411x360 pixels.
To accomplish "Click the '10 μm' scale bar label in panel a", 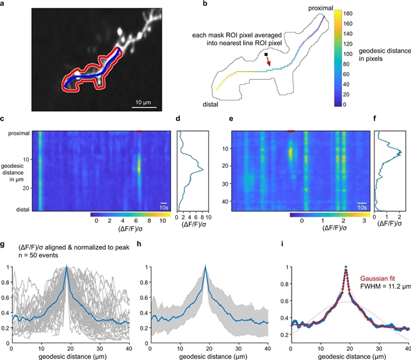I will [x=143, y=102].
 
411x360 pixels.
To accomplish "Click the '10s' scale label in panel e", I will [x=362, y=208].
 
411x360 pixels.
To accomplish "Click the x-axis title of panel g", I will [x=73, y=354].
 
